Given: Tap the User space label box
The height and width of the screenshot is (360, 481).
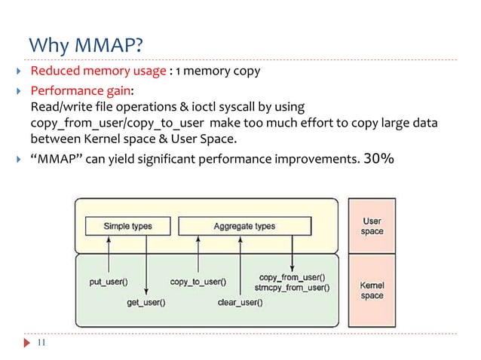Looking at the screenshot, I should pyautogui.click(x=372, y=226).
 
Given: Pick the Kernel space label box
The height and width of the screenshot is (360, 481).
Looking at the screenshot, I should pyautogui.click(x=372, y=291).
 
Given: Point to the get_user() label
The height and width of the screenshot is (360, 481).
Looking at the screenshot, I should pyautogui.click(x=146, y=303).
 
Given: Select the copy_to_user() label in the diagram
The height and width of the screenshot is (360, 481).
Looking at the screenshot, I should pyautogui.click(x=198, y=282).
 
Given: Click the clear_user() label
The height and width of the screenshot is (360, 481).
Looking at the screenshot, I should pyautogui.click(x=240, y=303).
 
